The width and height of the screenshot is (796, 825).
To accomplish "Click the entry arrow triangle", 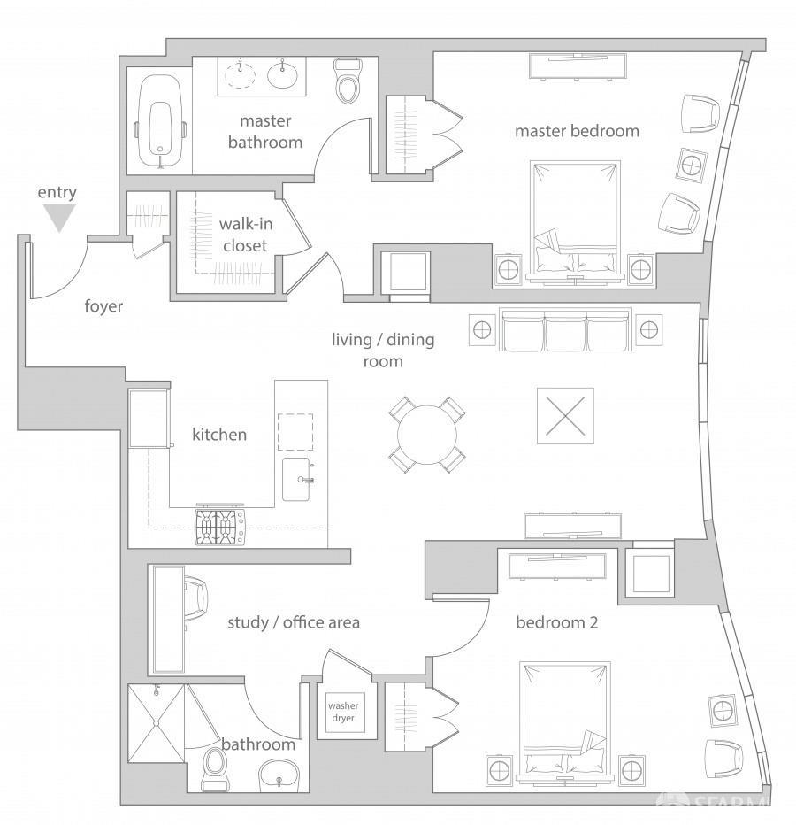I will pos(59,218).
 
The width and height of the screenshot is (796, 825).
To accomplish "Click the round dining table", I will pos(426,434).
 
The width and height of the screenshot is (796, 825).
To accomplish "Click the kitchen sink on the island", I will pos(297,479).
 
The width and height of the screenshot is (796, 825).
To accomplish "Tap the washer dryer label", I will pos(343,713).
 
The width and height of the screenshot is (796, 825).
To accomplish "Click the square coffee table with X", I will pos(563,415).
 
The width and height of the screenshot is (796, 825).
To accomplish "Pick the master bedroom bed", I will pos(574,218).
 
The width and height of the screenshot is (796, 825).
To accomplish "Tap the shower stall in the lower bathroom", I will pos(157,723).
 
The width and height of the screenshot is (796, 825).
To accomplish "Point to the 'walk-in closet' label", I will pos(244,235).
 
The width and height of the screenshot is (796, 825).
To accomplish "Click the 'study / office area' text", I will pos(294,622).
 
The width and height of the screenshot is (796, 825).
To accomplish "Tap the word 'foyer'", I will pos(103,306).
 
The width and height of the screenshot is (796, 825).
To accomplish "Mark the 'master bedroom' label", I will pos(577,131).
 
